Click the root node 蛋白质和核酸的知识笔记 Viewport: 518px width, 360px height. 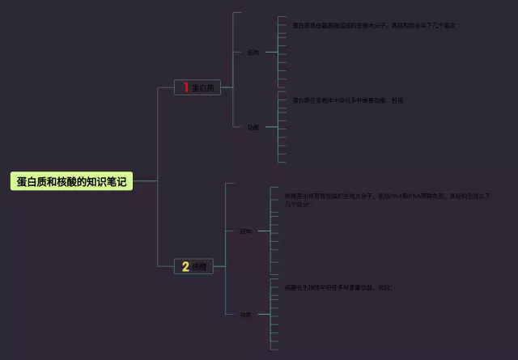click(x=71, y=182)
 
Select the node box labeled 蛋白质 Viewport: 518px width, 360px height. click(x=197, y=87)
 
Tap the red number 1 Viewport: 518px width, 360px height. click(x=185, y=87)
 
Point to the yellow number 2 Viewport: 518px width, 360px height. click(x=185, y=266)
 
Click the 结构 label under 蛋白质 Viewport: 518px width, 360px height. click(x=253, y=53)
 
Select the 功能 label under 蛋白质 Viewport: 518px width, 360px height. click(x=253, y=127)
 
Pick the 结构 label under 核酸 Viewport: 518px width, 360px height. click(x=245, y=231)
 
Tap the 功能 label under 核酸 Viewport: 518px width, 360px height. click(x=245, y=314)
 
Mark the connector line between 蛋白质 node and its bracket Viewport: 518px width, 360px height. click(x=227, y=87)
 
